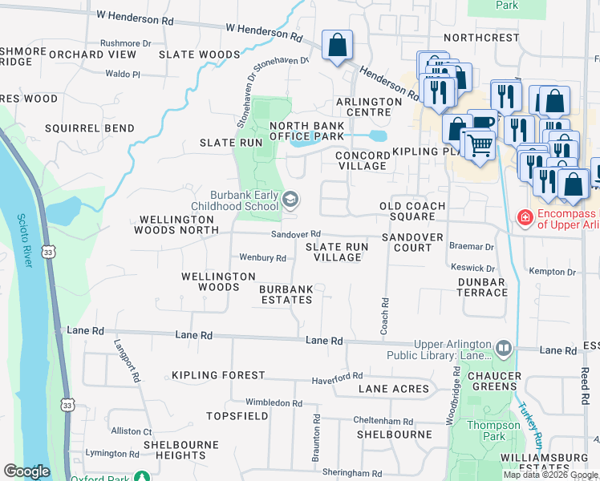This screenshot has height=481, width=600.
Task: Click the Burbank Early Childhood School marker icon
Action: [290, 200]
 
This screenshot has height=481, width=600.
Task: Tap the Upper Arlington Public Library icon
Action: [503, 348]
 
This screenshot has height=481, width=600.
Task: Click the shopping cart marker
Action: [479, 145]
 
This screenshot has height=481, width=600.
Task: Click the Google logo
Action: [26, 471]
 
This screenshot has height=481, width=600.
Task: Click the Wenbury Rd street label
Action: [263, 258]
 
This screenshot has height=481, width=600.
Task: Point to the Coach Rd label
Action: [385, 317]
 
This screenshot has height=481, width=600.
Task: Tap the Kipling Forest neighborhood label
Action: [217, 375]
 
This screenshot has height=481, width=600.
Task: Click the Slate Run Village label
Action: [335, 253]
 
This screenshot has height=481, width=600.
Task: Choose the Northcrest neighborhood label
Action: [481, 38]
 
